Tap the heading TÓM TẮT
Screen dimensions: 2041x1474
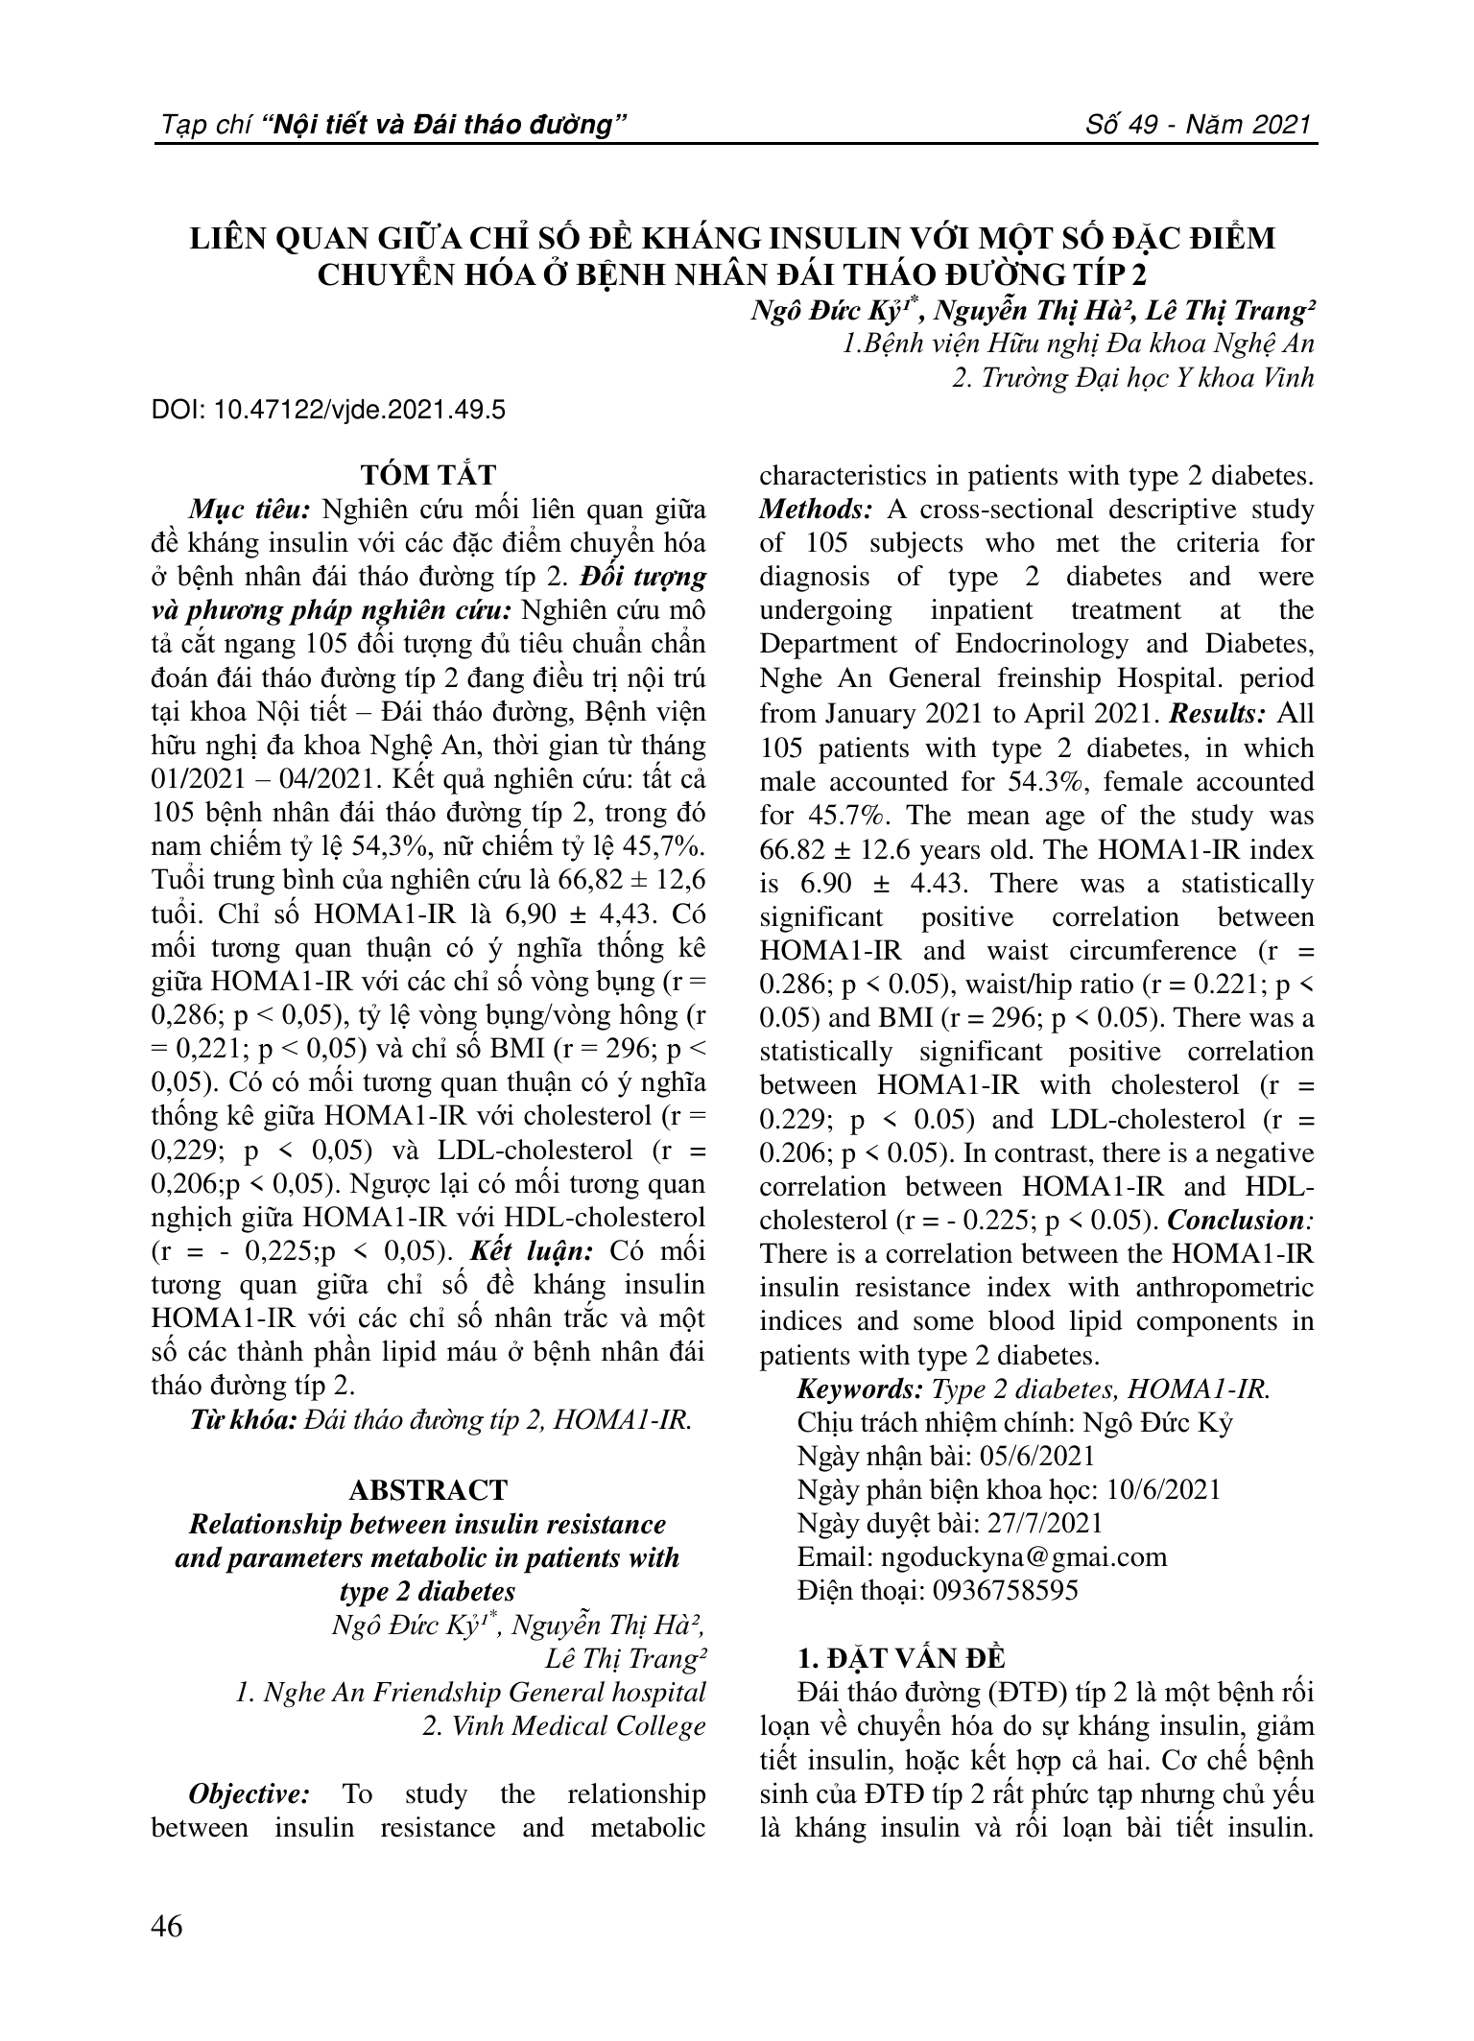428,475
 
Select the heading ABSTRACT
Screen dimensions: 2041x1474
428,1490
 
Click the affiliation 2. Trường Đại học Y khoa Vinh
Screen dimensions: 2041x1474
1132,378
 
